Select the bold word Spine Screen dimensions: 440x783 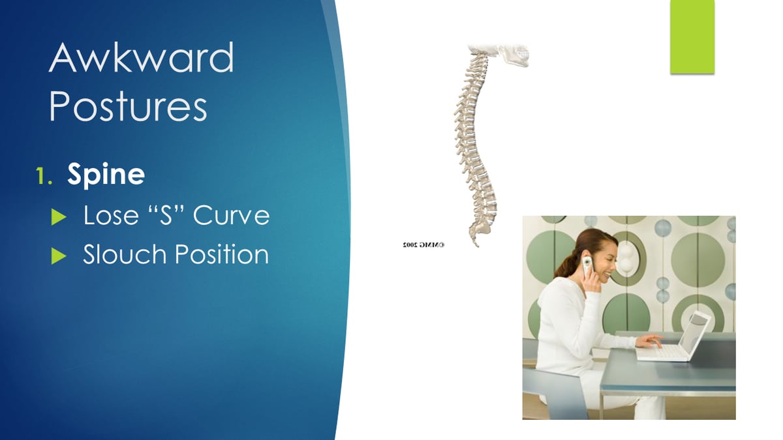point(106,175)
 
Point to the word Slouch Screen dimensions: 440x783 point(122,254)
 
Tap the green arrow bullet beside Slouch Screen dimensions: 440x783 point(59,256)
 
